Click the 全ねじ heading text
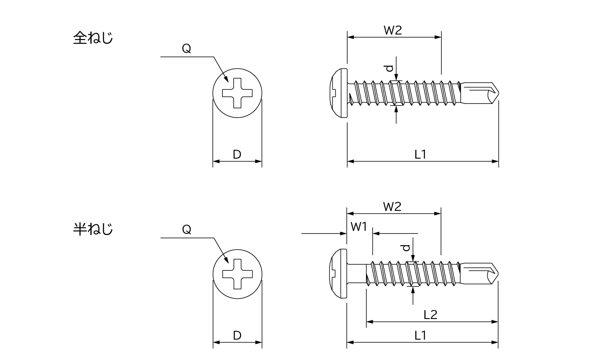pyautogui.click(x=93, y=39)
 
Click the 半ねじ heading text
pyautogui.click(x=93, y=229)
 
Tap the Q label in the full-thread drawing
pyautogui.click(x=187, y=49)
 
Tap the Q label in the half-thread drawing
pyautogui.click(x=187, y=230)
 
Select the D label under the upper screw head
pyautogui.click(x=237, y=154)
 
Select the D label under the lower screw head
pyautogui.click(x=237, y=335)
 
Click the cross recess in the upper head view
pyautogui.click(x=237, y=92)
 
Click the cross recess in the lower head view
pyautogui.click(x=237, y=274)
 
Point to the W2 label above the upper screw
pyautogui.click(x=393, y=30)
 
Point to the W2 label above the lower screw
pyautogui.click(x=393, y=207)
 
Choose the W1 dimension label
pyautogui.click(x=359, y=227)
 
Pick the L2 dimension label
pyautogui.click(x=430, y=315)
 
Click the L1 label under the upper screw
pyautogui.click(x=420, y=154)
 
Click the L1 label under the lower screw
pyautogui.click(x=420, y=335)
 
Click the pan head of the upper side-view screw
pyautogui.click(x=339, y=93)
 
